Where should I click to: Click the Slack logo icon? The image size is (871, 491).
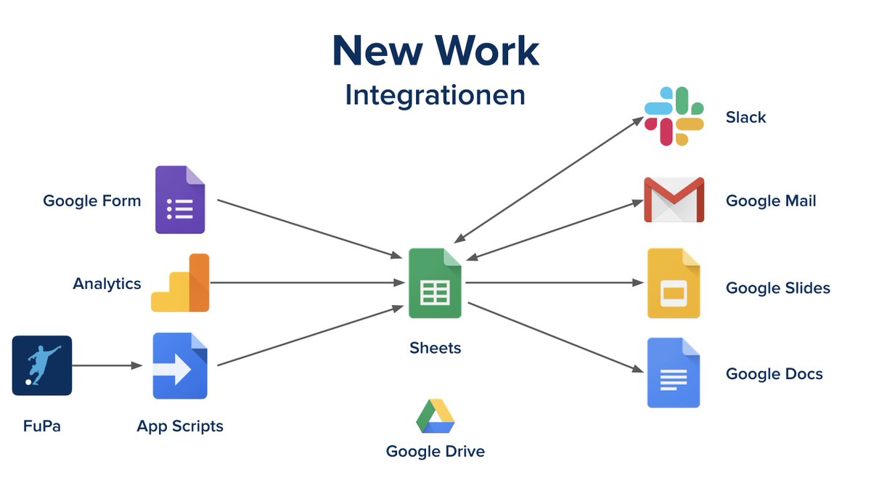(x=674, y=116)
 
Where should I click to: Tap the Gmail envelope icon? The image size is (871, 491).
(x=674, y=200)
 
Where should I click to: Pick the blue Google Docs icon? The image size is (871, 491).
(x=674, y=373)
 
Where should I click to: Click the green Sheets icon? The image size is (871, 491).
(x=435, y=283)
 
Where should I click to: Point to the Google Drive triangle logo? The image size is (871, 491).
(x=435, y=415)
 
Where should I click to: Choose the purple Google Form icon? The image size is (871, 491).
(x=180, y=200)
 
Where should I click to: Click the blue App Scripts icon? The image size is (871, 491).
(x=180, y=366)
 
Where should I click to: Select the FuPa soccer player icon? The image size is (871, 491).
(x=42, y=365)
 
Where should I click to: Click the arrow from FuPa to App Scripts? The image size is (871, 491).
(x=107, y=365)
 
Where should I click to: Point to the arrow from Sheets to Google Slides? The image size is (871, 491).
(x=555, y=283)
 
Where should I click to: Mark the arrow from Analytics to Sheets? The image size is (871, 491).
(x=305, y=283)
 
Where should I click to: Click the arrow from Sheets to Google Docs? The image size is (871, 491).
(x=555, y=337)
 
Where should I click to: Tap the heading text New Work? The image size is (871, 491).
(x=435, y=51)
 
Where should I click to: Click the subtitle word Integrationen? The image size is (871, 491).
(x=435, y=95)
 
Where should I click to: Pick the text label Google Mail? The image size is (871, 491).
(x=771, y=201)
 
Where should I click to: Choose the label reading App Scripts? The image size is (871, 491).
(x=180, y=426)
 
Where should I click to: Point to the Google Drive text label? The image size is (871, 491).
(x=435, y=451)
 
